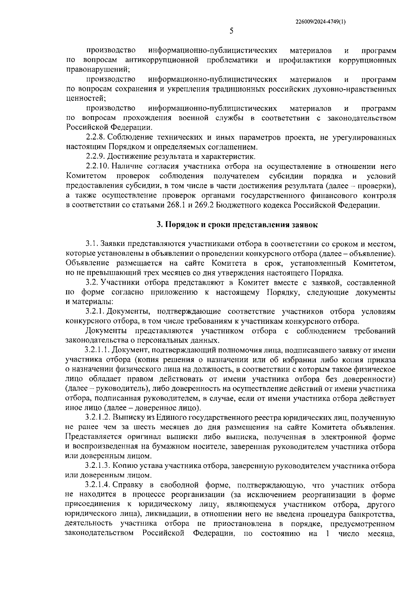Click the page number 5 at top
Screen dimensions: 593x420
231,31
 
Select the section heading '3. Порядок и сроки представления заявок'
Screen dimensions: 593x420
237,225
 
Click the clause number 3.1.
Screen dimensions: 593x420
92,243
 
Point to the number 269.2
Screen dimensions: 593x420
204,205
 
